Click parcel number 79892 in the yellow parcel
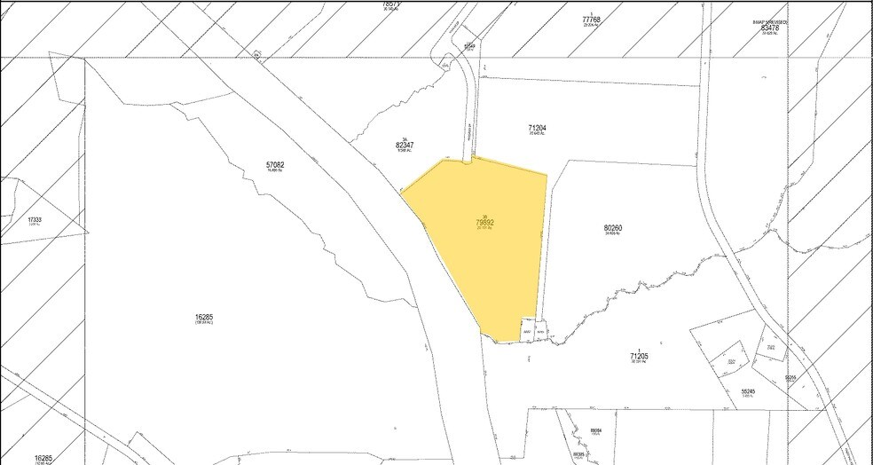pos(484,223)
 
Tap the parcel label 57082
pos(275,165)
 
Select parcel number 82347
pos(405,145)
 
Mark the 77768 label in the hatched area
pos(592,19)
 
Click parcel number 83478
pos(769,28)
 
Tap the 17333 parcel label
pos(35,218)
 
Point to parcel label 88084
pos(596,430)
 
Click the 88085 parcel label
pos(579,453)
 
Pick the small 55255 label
pos(790,378)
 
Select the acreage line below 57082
pos(275,172)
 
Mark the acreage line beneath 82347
pos(405,152)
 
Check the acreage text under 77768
pos(592,26)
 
